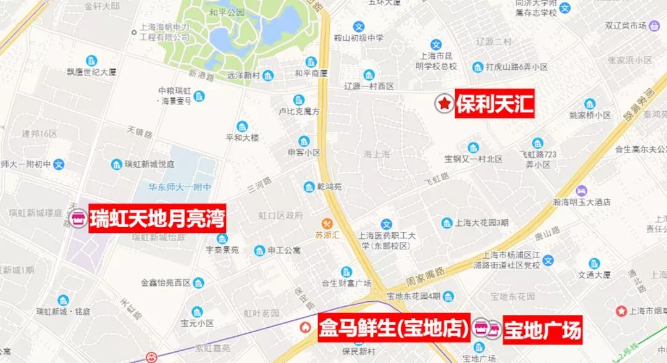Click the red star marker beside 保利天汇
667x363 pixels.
click(443, 104)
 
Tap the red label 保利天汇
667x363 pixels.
click(494, 104)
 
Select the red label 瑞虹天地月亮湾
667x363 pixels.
click(157, 219)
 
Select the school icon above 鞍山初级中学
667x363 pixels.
click(359, 27)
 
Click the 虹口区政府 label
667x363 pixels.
click(280, 215)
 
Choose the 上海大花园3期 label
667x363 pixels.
click(482, 223)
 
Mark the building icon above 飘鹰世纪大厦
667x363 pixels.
click(91, 60)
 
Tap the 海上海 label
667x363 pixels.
click(377, 154)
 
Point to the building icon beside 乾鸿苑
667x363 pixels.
click(309, 187)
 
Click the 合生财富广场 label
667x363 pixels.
click(346, 283)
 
